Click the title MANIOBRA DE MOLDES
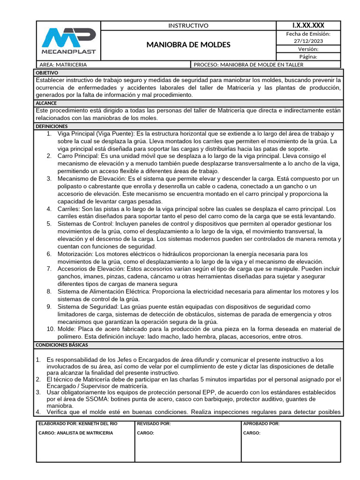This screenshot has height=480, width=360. (x=188, y=45)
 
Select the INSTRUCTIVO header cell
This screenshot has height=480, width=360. (x=188, y=26)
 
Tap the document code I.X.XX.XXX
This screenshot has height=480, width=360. (x=308, y=25)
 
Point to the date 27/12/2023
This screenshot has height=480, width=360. (x=308, y=41)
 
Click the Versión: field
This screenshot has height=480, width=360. (x=308, y=49)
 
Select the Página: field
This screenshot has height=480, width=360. (x=308, y=57)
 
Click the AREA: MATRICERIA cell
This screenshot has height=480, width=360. (x=64, y=65)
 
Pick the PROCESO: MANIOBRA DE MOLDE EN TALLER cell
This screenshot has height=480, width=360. (x=248, y=65)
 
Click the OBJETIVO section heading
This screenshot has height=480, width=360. (x=47, y=73)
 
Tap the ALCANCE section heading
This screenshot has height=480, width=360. (x=46, y=103)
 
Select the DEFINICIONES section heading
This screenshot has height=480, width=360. (x=52, y=126)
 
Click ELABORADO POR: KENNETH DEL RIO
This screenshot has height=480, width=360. (x=78, y=424)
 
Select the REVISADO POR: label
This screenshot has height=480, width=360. (x=154, y=424)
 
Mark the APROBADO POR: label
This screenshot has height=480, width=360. (x=261, y=424)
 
